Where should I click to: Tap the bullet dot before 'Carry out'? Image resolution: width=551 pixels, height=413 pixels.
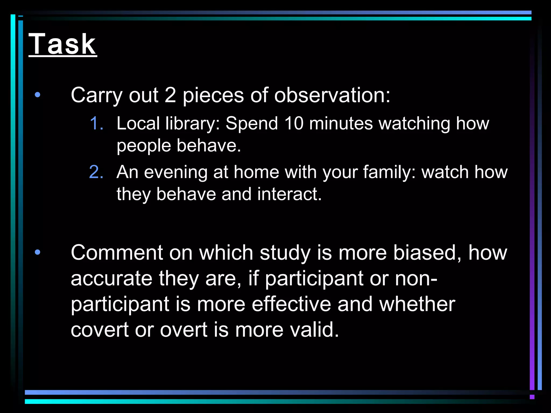(38, 95)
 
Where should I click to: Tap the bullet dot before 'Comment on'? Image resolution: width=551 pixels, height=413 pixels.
(38, 252)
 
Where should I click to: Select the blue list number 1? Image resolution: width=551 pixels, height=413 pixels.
(96, 123)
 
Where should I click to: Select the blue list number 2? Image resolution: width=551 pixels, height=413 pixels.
(96, 172)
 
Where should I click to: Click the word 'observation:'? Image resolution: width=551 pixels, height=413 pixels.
(332, 95)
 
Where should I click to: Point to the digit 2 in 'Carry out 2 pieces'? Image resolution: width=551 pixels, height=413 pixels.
(170, 95)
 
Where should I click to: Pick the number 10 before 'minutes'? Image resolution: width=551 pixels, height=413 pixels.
(294, 123)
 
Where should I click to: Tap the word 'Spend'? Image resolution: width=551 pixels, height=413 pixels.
(252, 123)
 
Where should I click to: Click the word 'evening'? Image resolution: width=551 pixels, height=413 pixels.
(176, 172)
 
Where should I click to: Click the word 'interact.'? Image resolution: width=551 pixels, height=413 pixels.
(289, 194)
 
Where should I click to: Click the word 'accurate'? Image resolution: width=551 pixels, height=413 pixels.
(111, 279)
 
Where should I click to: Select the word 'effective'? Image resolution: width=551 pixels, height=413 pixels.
(291, 304)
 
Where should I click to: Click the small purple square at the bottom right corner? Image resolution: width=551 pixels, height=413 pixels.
(532, 397)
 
